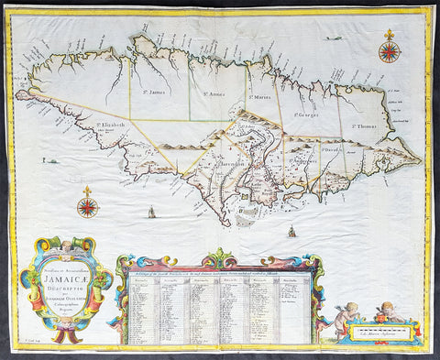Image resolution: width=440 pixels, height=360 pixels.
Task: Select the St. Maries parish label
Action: (260, 98)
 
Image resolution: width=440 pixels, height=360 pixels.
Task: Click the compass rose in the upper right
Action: (389, 50)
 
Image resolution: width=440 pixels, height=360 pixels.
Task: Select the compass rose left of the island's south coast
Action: (88, 206)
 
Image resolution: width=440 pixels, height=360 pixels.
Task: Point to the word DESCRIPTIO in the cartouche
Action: (65, 284)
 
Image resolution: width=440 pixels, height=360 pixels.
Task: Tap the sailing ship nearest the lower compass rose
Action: (149, 214)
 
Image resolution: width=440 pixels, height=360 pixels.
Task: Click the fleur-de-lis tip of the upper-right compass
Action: (389, 35)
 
